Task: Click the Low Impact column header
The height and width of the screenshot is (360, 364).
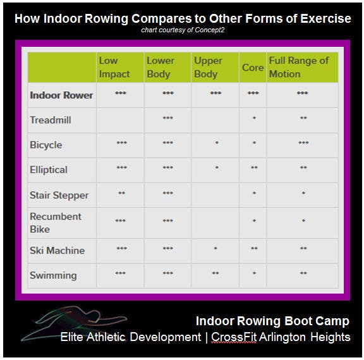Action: click(114, 68)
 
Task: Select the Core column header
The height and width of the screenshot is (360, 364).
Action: click(253, 68)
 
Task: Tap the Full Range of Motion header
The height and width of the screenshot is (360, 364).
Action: click(299, 68)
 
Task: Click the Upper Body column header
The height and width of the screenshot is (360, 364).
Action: click(209, 68)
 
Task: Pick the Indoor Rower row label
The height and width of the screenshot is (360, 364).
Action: click(61, 96)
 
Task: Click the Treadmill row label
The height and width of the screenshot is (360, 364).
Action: click(51, 120)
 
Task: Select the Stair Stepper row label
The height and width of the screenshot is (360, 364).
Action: click(59, 196)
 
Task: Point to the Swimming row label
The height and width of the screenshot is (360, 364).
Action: click(53, 275)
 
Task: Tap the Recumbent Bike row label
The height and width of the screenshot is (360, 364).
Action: click(56, 223)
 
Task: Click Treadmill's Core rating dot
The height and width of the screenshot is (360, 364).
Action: click(254, 118)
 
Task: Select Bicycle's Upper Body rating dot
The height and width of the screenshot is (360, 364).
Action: click(217, 143)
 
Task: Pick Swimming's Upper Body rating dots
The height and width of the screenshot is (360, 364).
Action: click(215, 273)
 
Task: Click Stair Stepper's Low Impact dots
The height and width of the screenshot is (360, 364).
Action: click(121, 193)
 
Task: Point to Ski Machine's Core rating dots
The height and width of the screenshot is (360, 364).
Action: click(254, 248)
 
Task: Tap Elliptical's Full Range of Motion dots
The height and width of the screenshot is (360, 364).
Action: click(303, 168)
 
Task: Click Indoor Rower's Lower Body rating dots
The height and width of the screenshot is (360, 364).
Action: click(168, 93)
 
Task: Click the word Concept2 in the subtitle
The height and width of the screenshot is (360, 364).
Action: click(210, 30)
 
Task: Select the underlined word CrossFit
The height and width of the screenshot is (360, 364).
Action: click(234, 337)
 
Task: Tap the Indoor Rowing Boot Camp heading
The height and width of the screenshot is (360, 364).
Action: click(272, 321)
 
